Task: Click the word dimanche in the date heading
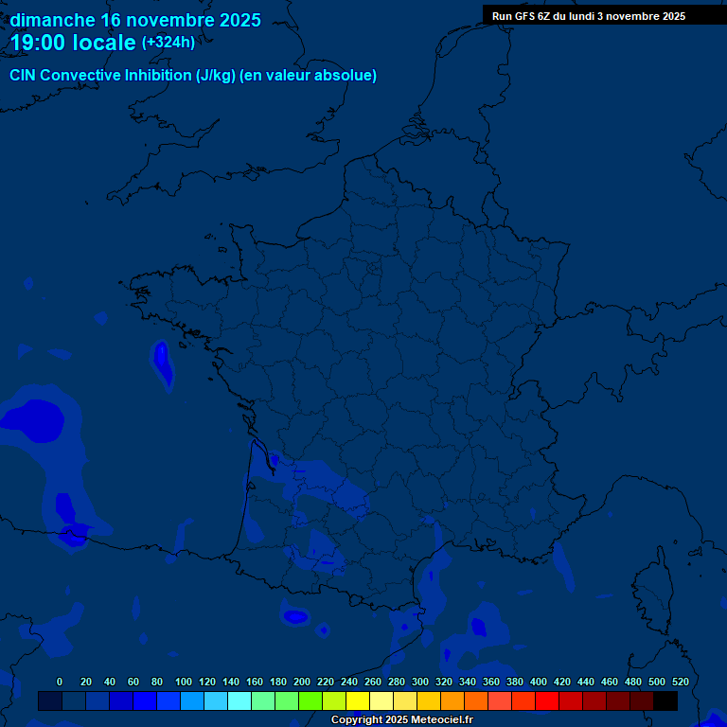[x=52, y=20]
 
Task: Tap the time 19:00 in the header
[x=39, y=43]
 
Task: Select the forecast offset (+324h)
[x=168, y=43]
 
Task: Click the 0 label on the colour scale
[x=60, y=682]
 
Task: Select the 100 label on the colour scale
[x=184, y=682]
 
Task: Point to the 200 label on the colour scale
[x=302, y=682]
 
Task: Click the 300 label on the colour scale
[x=420, y=682]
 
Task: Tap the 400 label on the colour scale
[x=539, y=682]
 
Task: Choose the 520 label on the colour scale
[x=680, y=682]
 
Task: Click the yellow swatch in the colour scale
[x=358, y=701]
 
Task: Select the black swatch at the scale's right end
[x=665, y=701]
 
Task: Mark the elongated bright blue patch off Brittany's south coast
[x=162, y=364]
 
